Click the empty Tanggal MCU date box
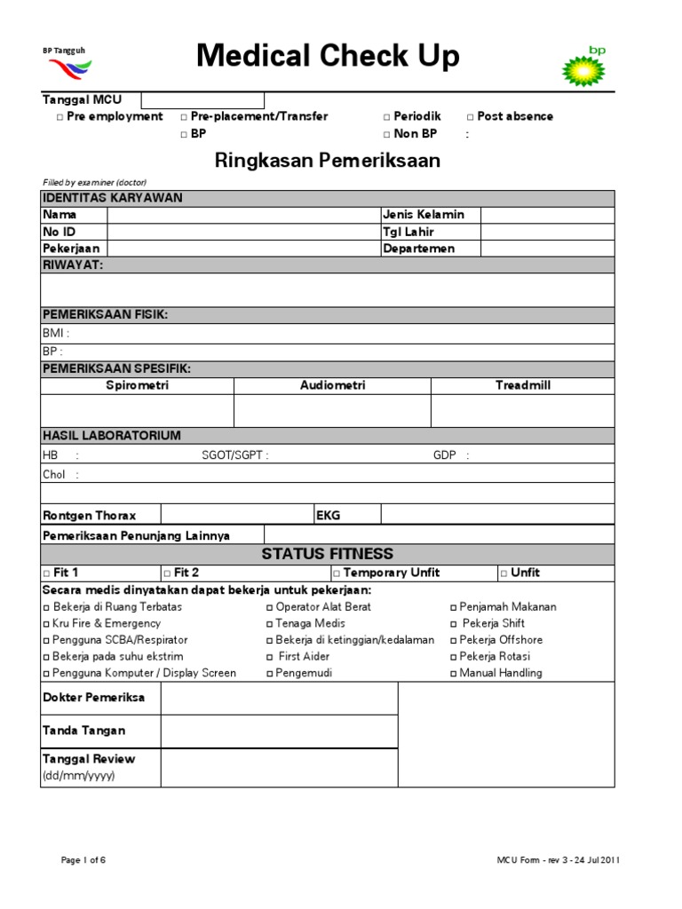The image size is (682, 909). click(202, 99)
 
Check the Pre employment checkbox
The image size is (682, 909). click(59, 117)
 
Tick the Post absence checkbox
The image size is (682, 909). click(471, 117)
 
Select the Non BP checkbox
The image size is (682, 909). click(387, 135)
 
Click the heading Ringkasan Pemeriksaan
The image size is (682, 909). click(328, 161)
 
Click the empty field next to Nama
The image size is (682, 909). click(242, 215)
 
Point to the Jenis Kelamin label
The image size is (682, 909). click(424, 215)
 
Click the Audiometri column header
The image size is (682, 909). click(332, 386)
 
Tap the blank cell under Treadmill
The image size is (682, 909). click(522, 411)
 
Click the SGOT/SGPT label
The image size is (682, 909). click(234, 455)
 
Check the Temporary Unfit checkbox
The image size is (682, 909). click(337, 573)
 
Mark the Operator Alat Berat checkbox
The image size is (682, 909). click(270, 607)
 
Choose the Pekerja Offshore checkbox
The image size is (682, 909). click(454, 640)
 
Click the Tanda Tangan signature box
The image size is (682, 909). click(279, 731)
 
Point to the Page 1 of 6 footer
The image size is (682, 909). click(83, 860)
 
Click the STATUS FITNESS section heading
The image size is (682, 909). click(328, 555)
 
